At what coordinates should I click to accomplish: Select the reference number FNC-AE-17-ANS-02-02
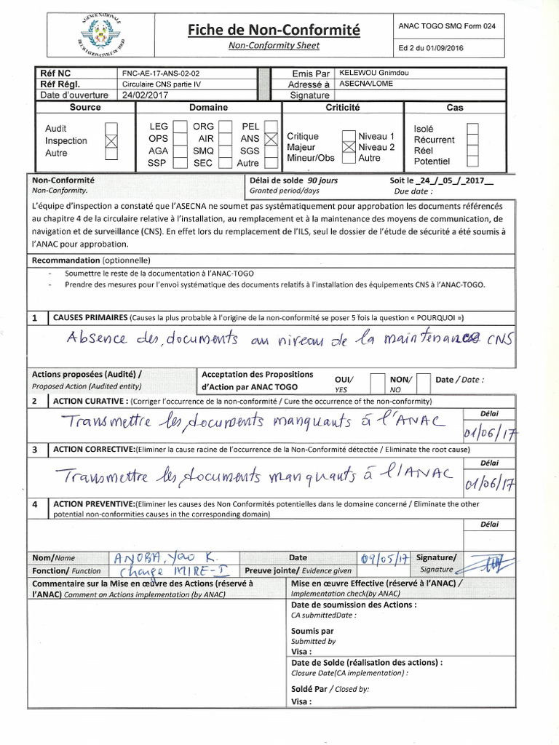pyautogui.click(x=161, y=73)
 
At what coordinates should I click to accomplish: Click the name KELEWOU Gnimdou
pyautogui.click(x=378, y=73)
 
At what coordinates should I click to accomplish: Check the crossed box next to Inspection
pyautogui.click(x=111, y=141)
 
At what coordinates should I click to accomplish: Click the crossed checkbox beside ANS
pyautogui.click(x=271, y=138)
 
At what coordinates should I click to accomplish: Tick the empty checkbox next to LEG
pyautogui.click(x=180, y=126)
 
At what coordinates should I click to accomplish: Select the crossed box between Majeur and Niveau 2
pyautogui.click(x=348, y=147)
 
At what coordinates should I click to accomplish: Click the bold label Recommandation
pyautogui.click(x=65, y=260)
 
